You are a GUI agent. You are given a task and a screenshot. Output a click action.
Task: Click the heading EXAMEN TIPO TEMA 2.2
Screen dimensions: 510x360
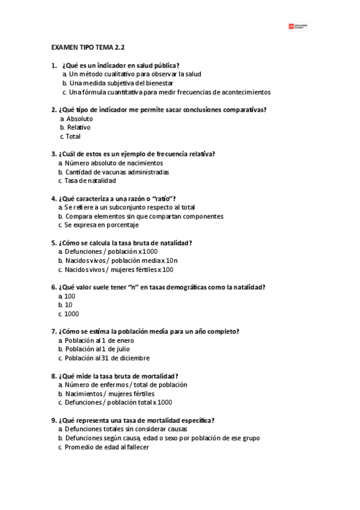tap(88, 47)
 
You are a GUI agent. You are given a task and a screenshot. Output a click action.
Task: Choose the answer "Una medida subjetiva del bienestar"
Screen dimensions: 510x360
tap(121, 83)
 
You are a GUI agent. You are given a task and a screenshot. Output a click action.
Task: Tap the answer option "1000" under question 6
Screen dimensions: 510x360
tap(72, 313)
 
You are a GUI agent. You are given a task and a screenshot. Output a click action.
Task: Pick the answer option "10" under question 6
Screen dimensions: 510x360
tap(69, 305)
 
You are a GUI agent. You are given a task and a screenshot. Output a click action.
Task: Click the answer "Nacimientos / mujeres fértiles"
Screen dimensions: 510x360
tap(105, 393)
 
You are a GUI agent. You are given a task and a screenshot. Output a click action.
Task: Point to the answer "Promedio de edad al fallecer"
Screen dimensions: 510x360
tap(107, 447)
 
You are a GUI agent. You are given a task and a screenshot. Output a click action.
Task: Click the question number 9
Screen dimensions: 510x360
tap(53, 420)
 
